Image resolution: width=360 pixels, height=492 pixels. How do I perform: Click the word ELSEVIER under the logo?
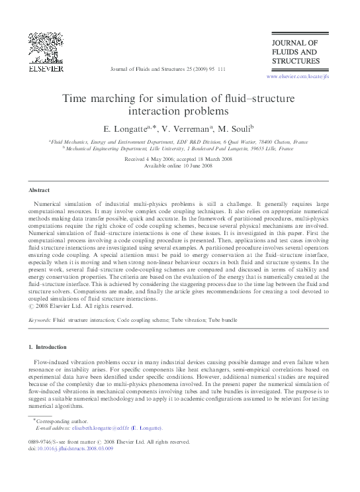coord(45,68)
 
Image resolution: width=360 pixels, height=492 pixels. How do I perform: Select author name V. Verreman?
coord(185,128)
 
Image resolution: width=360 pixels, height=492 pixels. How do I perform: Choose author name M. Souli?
coord(232,128)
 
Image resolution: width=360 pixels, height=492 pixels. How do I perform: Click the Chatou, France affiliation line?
coord(179,142)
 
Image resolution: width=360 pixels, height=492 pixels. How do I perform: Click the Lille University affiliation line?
coord(179,150)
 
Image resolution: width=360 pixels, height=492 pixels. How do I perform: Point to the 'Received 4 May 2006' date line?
coord(179,160)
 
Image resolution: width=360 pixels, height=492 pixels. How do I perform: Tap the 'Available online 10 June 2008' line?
coord(179,166)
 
